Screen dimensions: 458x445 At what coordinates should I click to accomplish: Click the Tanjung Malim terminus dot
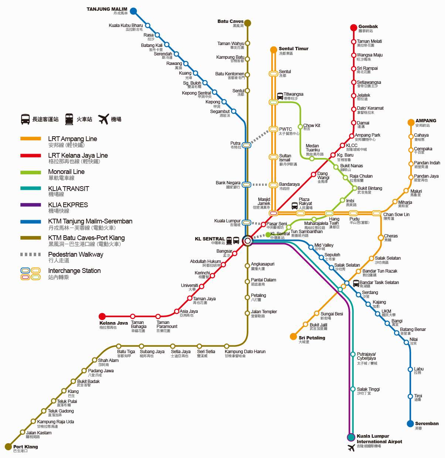(133, 11)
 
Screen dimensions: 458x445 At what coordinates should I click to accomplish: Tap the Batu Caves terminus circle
(248, 23)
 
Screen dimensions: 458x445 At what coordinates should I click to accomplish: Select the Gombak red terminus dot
(354, 27)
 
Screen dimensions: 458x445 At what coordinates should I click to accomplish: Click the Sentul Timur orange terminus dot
(274, 50)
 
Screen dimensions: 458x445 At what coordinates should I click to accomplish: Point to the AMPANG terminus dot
(411, 122)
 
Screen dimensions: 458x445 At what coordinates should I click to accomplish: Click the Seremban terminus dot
(410, 424)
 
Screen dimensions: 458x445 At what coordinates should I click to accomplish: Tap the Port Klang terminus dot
(8, 447)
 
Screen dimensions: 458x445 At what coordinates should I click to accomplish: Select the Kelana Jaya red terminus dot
(102, 316)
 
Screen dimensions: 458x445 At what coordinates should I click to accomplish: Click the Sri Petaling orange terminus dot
(293, 336)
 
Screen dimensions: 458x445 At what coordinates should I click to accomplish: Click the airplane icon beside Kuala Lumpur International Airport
(351, 448)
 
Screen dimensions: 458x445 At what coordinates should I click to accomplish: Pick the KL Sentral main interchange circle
(247, 241)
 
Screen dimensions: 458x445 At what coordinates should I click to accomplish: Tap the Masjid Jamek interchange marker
(274, 213)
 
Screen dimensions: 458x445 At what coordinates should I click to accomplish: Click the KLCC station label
(352, 146)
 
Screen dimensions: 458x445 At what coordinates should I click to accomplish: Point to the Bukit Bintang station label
(370, 188)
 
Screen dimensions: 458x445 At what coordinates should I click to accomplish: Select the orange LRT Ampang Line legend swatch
(31, 139)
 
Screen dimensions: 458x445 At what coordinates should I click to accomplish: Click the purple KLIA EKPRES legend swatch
(31, 205)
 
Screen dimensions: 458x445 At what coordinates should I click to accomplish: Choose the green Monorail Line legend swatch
(31, 172)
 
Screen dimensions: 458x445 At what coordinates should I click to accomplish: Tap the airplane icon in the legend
(103, 119)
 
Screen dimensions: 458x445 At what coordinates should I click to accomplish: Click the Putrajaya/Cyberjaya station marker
(353, 355)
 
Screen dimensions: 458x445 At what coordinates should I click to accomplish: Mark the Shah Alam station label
(108, 360)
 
